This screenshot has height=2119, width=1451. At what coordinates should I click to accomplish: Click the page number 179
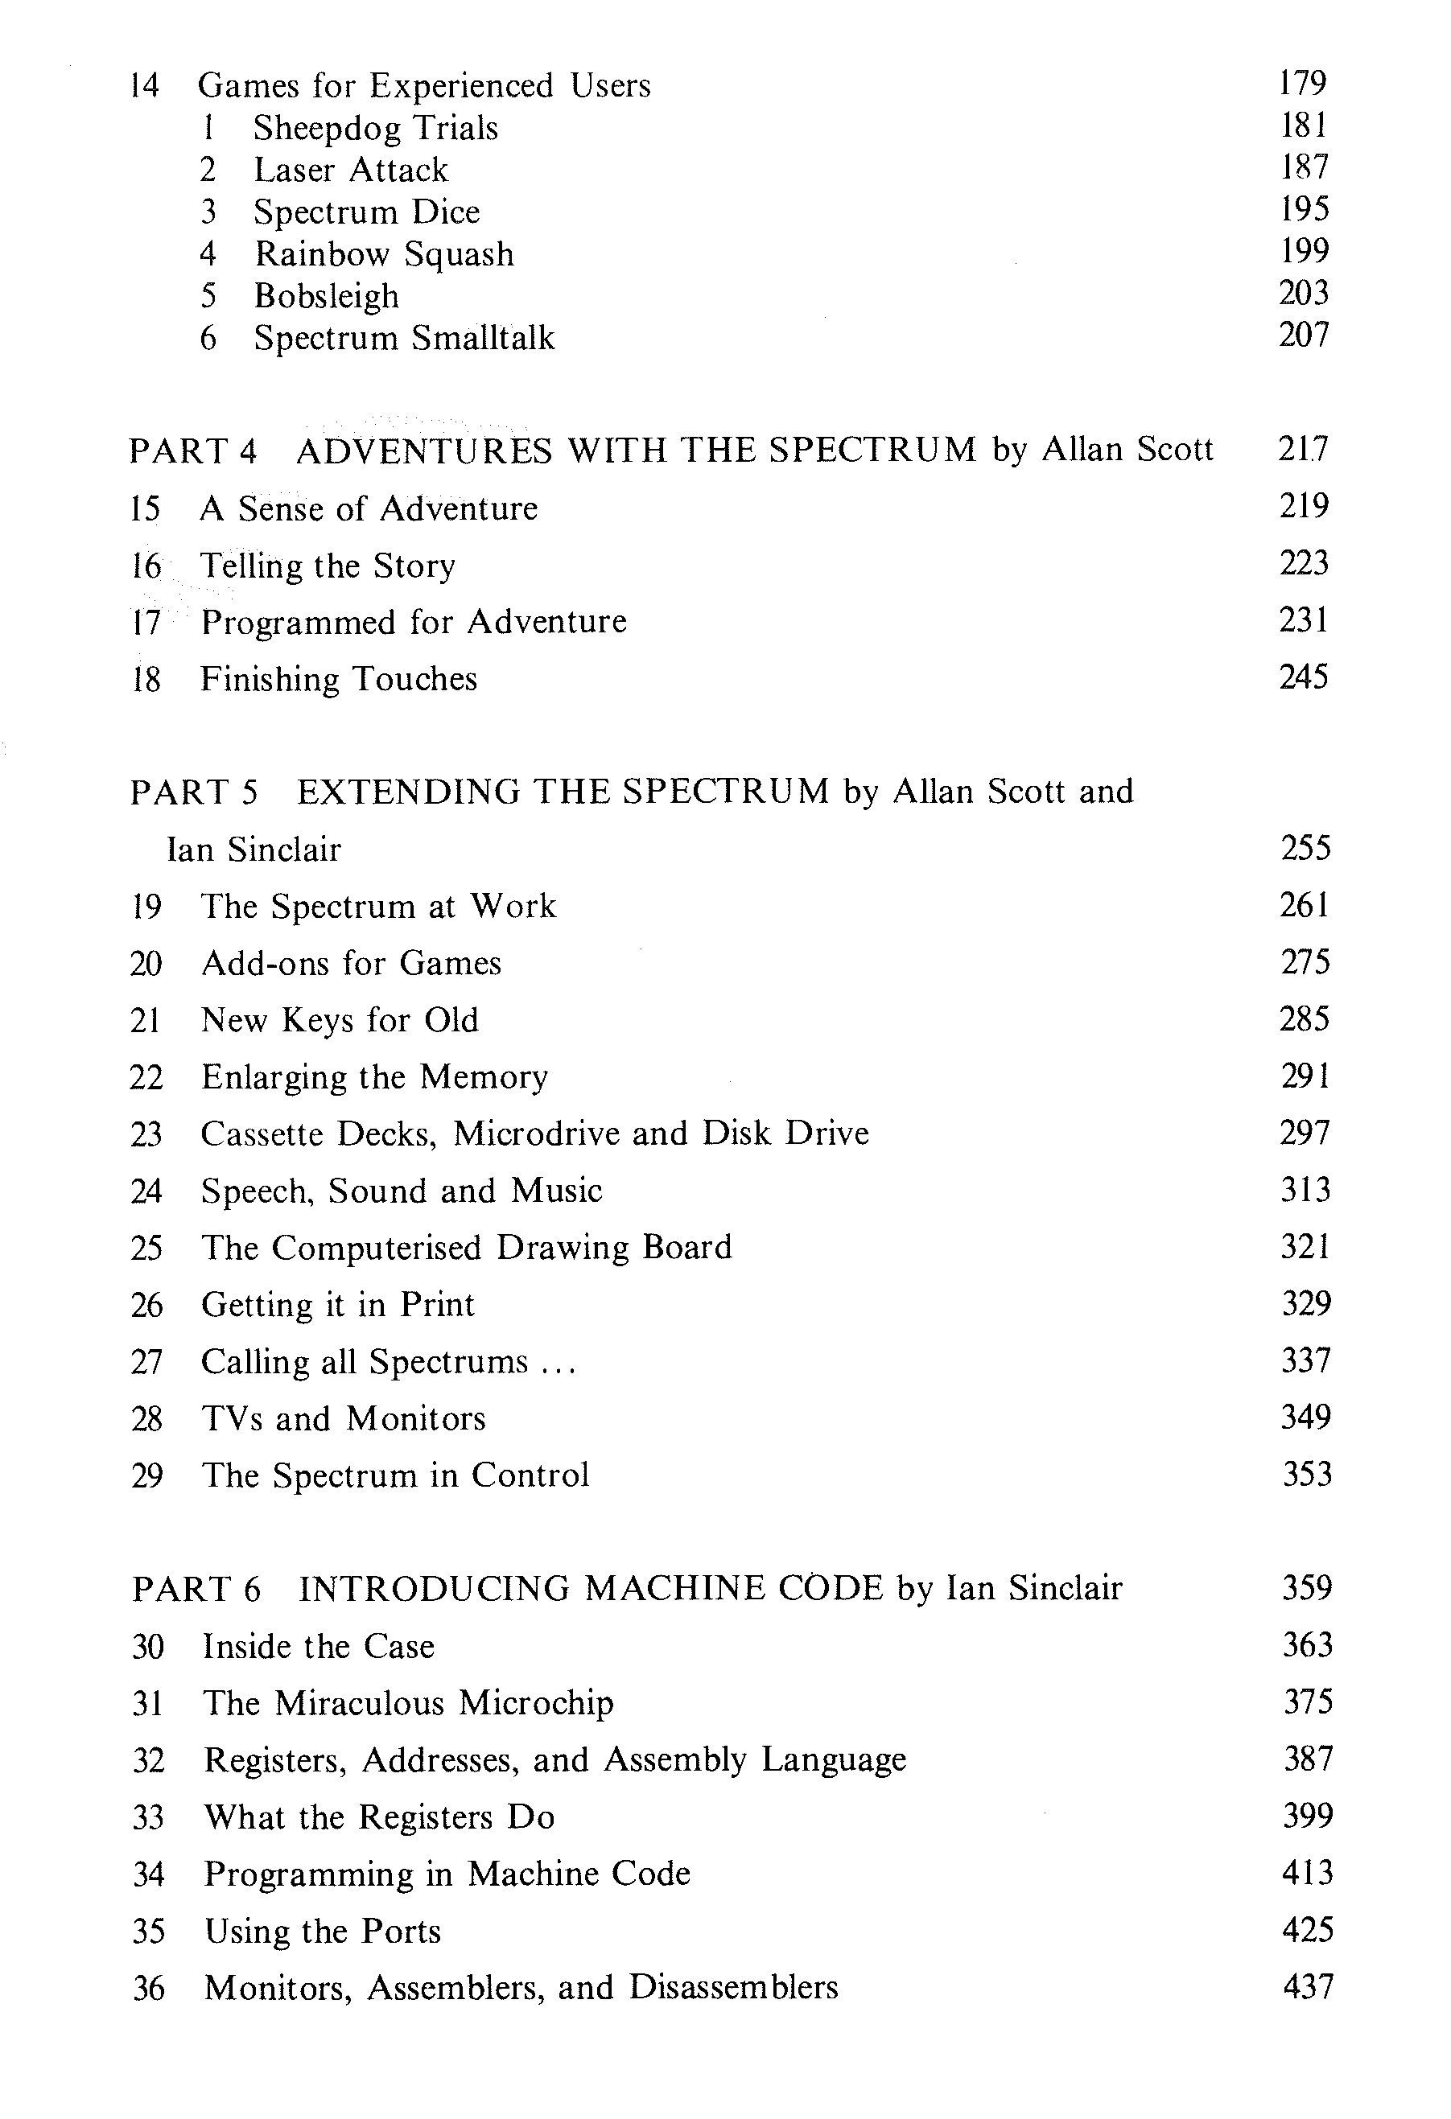coord(1302,83)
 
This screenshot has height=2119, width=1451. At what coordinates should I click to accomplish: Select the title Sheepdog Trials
coord(375,128)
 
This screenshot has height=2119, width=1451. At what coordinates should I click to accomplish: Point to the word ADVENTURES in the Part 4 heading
coord(424,451)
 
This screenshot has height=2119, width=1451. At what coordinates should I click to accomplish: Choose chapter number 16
coord(145,566)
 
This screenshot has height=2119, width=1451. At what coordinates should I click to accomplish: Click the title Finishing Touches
coord(338,679)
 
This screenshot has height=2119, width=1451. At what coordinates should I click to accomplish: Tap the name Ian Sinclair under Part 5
coord(254,850)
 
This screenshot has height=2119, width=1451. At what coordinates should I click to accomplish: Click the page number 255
coord(1305,848)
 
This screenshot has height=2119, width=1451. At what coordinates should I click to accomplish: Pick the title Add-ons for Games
coord(351,964)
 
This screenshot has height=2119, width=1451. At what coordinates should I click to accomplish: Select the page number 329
coord(1306,1304)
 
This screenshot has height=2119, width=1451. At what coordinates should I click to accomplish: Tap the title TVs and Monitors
coord(343,1419)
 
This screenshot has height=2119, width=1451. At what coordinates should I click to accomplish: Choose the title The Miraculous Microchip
coord(408,1702)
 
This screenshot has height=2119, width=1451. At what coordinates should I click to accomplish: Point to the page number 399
coord(1308,1816)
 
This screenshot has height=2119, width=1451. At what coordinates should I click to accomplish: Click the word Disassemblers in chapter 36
coord(733,1988)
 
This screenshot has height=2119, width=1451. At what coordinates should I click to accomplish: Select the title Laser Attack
coord(350,170)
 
